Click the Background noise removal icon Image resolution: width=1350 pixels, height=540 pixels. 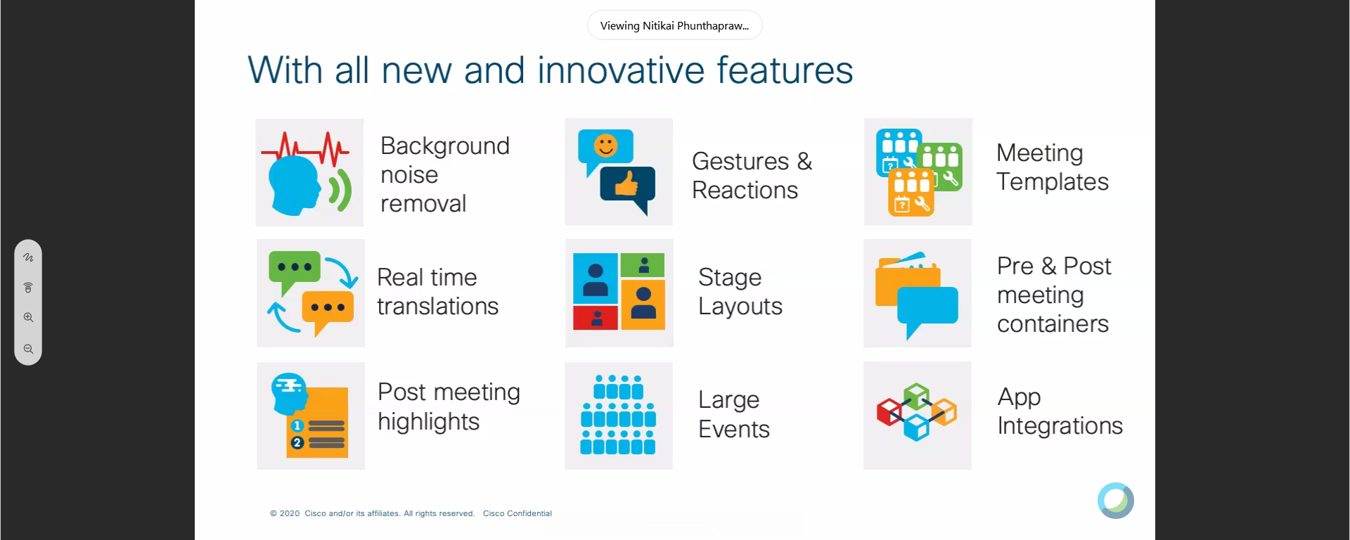point(309,172)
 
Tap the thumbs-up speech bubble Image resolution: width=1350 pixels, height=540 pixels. point(627,188)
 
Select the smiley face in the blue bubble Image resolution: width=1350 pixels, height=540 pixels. point(605,146)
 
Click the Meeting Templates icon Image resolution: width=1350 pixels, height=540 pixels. point(918,172)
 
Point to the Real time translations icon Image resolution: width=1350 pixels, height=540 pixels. point(311,293)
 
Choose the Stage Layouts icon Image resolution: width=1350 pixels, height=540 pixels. point(619,293)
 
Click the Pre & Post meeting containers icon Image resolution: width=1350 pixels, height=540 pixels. point(918,293)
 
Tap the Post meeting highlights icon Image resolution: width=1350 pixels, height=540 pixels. point(311,416)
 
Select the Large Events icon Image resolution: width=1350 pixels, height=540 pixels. point(619,416)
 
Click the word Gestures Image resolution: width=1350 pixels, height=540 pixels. point(740,162)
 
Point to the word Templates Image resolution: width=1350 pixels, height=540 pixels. point(1053,183)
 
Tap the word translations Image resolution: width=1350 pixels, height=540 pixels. point(437,306)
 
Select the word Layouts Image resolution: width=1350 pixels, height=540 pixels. point(740,307)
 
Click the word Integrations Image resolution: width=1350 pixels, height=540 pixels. point(1060,427)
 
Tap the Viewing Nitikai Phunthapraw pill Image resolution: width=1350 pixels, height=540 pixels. point(675,25)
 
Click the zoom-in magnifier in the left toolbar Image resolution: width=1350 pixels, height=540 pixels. point(28,317)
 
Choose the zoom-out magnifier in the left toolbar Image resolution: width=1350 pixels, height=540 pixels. point(28,349)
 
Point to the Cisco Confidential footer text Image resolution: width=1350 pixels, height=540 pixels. point(517,513)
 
